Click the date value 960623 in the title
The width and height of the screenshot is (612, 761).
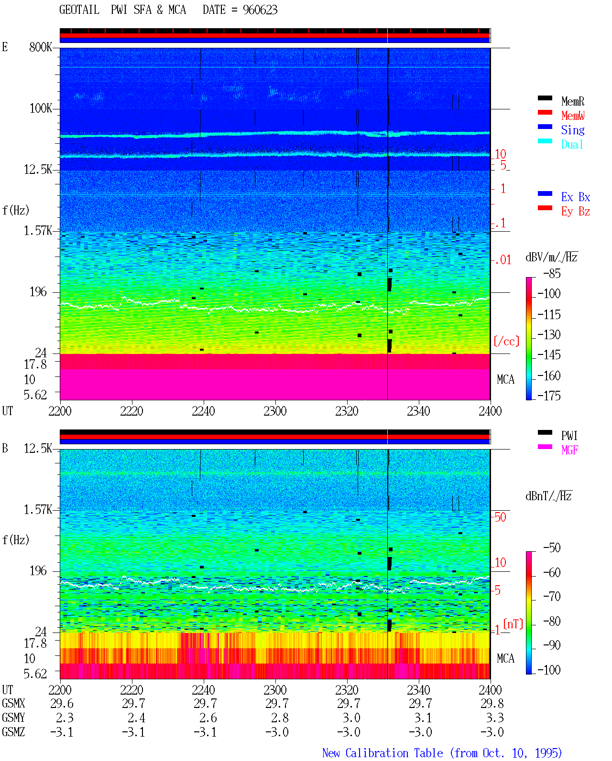(260, 10)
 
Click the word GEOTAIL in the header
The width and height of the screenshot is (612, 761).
(79, 10)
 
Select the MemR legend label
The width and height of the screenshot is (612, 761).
(573, 101)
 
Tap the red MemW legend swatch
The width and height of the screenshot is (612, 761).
(545, 112)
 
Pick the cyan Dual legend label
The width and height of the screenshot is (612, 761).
(572, 144)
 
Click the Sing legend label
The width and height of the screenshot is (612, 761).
(573, 130)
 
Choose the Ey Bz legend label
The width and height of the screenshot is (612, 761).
(576, 212)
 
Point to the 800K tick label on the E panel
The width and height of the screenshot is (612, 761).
(41, 47)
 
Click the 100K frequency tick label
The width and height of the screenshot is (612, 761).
(41, 108)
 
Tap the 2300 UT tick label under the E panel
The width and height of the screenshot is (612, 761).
(275, 411)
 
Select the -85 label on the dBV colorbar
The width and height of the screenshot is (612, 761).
(552, 273)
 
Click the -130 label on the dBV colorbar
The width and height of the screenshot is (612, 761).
(549, 334)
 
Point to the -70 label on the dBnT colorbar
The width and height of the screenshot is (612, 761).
(552, 597)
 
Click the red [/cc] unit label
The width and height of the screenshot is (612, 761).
(506, 341)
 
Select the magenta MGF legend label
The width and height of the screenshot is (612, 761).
(570, 450)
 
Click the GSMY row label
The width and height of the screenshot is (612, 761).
(13, 718)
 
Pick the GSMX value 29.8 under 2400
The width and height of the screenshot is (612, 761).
(492, 703)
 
